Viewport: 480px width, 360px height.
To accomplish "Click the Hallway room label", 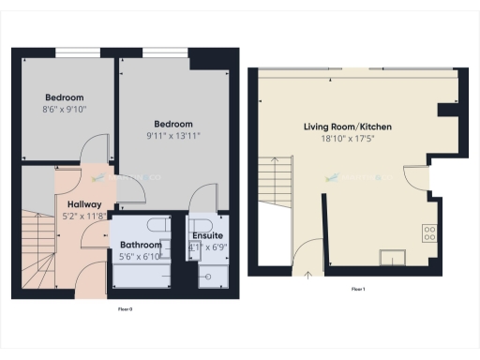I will click(84, 203).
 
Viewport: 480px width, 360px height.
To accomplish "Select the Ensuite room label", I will click(207, 235).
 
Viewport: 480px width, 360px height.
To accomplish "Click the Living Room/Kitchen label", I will click(348, 127).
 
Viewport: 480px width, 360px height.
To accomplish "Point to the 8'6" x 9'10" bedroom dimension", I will click(65, 109).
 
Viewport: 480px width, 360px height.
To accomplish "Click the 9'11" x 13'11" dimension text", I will click(173, 136).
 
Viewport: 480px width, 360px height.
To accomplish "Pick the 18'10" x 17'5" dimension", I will click(348, 139).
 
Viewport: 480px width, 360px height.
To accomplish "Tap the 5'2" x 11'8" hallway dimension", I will click(84, 215).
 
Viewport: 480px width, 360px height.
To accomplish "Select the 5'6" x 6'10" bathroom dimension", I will click(141, 256).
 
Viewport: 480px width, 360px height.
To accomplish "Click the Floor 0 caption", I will click(124, 307).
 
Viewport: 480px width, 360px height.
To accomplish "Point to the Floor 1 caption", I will click(357, 289).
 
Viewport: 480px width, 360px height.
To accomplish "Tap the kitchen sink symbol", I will click(390, 258).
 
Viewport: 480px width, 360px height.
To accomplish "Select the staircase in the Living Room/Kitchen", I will click(276, 172).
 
